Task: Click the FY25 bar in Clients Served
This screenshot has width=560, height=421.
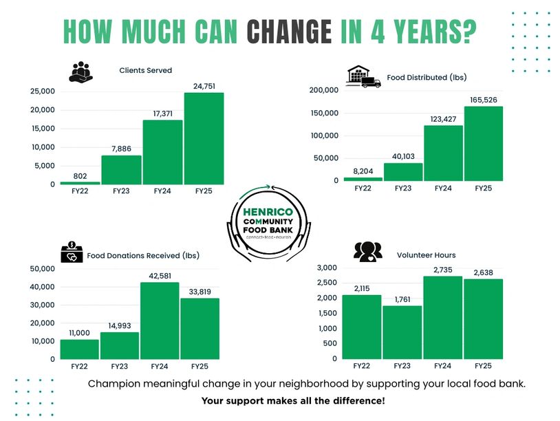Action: [x=204, y=138]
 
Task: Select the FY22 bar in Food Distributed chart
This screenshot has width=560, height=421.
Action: [x=363, y=179]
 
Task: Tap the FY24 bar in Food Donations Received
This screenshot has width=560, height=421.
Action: [x=160, y=321]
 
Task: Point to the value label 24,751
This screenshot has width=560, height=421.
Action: [x=204, y=86]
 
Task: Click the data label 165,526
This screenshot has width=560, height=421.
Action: [x=483, y=100]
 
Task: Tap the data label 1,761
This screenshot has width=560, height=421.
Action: [x=402, y=300]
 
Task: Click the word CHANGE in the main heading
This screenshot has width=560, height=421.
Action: [x=289, y=31]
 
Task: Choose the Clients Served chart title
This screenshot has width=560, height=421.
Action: [x=145, y=70]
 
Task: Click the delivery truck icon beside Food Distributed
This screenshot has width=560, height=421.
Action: [x=371, y=82]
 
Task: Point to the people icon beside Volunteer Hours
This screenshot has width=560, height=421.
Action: [x=367, y=252]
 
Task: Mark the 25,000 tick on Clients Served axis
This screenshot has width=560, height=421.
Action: [x=42, y=91]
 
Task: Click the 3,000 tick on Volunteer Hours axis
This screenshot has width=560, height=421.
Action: [x=327, y=268]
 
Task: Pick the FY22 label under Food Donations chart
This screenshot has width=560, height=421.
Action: [x=79, y=367]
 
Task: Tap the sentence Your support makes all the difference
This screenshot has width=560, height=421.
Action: [x=293, y=400]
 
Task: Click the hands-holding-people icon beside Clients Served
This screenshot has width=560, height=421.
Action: [x=81, y=72]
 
